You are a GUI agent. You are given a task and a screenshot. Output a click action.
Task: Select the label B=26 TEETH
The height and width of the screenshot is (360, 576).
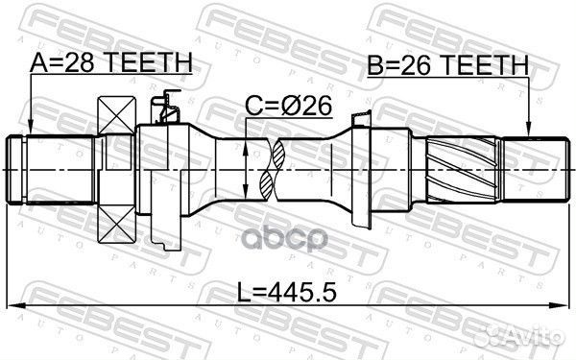point(447,64)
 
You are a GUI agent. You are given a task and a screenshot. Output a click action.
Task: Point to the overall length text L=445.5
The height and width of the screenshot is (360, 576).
point(287,288)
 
